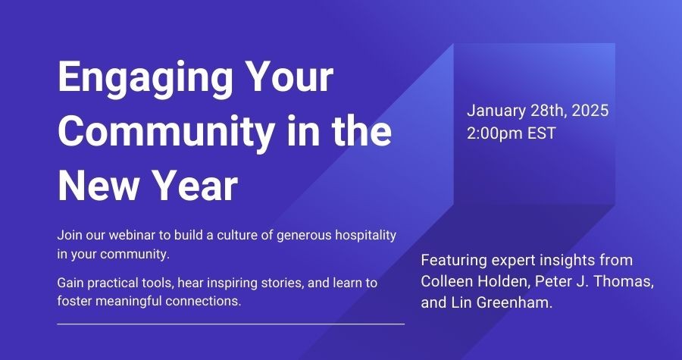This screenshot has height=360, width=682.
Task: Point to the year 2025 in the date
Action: pyautogui.click(x=590, y=111)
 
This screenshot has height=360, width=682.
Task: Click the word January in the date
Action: pyautogui.click(x=496, y=111)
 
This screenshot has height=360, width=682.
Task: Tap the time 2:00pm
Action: pyautogui.click(x=495, y=133)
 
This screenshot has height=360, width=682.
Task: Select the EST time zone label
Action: pyautogui.click(x=542, y=133)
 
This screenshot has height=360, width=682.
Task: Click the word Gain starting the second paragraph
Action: pyautogui.click(x=70, y=283)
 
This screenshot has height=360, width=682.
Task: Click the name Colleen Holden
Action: pyautogui.click(x=474, y=282)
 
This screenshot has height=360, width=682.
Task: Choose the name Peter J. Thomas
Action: pyautogui.click(x=594, y=282)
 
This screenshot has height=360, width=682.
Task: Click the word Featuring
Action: pyautogui.click(x=454, y=261)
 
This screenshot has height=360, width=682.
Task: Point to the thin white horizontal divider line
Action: pyautogui.click(x=231, y=324)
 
